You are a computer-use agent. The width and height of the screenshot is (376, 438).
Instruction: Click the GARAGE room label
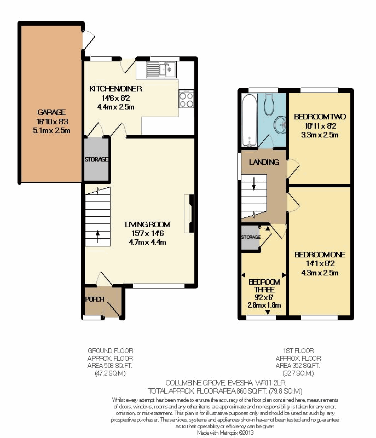tap(51, 112)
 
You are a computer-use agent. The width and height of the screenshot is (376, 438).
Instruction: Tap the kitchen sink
tap(161, 70)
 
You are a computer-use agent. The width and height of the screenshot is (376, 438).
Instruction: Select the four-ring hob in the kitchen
tap(186, 99)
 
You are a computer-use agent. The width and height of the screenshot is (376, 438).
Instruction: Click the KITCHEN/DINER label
tap(115, 89)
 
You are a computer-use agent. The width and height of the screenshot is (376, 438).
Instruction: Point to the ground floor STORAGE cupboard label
tap(96, 159)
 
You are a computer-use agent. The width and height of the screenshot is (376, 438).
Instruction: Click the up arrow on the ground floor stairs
tap(98, 237)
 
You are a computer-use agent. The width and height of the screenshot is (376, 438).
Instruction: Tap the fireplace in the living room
tap(189, 214)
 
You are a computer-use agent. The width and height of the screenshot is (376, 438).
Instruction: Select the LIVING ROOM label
tap(147, 224)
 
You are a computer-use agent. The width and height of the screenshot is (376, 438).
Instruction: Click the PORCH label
tap(95, 299)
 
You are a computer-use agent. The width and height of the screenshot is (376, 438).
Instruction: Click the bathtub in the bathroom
tap(250, 120)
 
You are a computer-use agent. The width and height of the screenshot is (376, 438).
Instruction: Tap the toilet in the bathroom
tap(269, 104)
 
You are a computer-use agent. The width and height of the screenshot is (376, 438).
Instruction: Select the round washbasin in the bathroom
tap(280, 124)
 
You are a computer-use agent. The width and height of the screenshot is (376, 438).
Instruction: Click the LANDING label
tap(264, 162)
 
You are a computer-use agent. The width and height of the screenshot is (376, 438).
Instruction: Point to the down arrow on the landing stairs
tap(254, 184)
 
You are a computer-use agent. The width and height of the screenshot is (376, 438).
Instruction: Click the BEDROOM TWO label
tap(320, 117)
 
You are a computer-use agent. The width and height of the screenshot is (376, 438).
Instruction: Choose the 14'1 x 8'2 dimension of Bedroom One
tap(320, 263)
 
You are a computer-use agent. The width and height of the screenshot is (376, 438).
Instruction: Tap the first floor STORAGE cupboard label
tap(251, 237)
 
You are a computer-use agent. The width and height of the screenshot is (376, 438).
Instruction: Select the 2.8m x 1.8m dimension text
tap(264, 305)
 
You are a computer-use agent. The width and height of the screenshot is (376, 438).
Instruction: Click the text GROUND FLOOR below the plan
tap(111, 350)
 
